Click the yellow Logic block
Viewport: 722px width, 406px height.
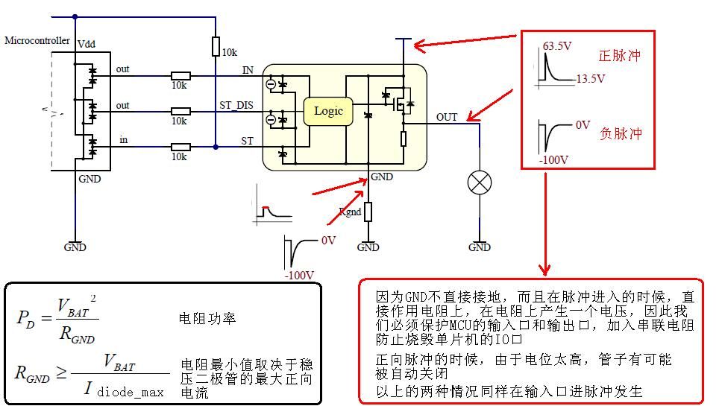(328, 111)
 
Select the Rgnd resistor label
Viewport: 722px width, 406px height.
(351, 212)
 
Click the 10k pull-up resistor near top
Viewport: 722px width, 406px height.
(215, 46)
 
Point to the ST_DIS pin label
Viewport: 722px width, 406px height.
(236, 106)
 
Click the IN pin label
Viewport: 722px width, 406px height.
(248, 70)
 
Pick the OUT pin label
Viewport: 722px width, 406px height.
(447, 117)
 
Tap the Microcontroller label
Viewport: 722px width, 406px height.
(37, 40)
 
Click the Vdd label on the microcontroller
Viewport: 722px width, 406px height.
(87, 45)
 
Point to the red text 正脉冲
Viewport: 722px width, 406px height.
(620, 56)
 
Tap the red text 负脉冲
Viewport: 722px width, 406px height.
(621, 134)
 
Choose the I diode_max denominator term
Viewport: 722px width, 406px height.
(124, 390)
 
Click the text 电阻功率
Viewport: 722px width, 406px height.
(207, 319)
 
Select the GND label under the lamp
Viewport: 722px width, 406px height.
(479, 247)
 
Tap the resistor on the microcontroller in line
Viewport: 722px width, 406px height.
(180, 147)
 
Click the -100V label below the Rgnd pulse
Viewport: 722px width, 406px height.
(298, 275)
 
